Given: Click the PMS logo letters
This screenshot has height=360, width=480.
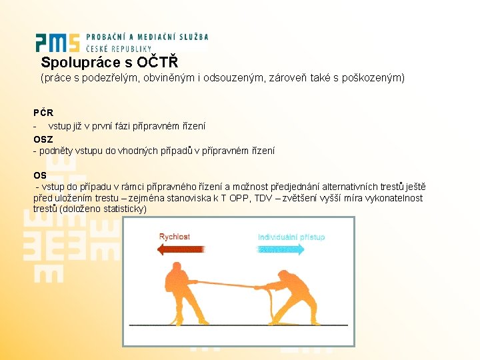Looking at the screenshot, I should (x=58, y=43).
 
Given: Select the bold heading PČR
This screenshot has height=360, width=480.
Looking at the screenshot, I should (x=43, y=113).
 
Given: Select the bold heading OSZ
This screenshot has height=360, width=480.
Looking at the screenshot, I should (x=43, y=139).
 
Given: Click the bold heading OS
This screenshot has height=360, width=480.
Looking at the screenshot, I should (x=40, y=175).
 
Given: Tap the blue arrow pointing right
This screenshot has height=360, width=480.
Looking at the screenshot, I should (x=280, y=249).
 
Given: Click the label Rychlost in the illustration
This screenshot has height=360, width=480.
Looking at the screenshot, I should (x=175, y=237).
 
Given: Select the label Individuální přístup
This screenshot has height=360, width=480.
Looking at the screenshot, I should (x=291, y=237).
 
